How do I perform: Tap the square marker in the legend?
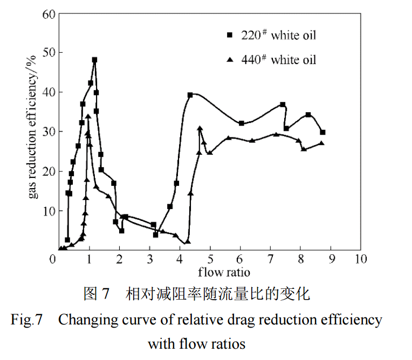coord(229,36)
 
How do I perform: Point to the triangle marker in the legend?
coord(229,60)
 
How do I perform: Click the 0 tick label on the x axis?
coord(53,260)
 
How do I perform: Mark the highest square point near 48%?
coord(94,60)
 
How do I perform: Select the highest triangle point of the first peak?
coord(88,116)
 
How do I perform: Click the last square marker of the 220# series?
coord(322,132)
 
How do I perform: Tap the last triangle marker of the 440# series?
coord(321,143)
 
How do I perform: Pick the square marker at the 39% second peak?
coord(190,95)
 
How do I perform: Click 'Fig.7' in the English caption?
coord(27,320)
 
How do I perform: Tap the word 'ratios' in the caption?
coord(230,343)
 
